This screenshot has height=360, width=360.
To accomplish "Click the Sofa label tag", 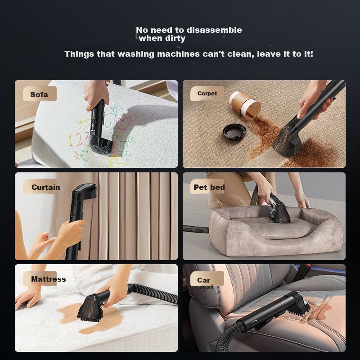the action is click(40, 94).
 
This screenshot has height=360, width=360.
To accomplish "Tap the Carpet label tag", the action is click(207, 94).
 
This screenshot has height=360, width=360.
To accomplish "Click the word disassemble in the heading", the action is click(214, 30).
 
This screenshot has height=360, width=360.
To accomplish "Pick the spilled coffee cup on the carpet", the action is click(245, 106).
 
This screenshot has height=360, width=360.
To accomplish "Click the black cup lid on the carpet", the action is click(234, 131).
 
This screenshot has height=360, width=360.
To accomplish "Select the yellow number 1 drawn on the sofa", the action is click(71, 140).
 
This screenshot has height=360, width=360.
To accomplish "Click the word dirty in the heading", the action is click(175, 38).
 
